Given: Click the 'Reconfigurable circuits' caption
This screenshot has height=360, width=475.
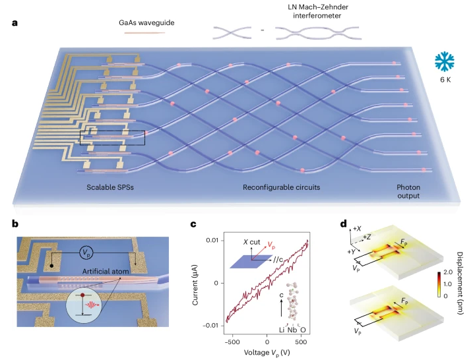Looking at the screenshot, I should (x=280, y=187).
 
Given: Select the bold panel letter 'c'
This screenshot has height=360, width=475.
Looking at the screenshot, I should (x=195, y=224).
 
